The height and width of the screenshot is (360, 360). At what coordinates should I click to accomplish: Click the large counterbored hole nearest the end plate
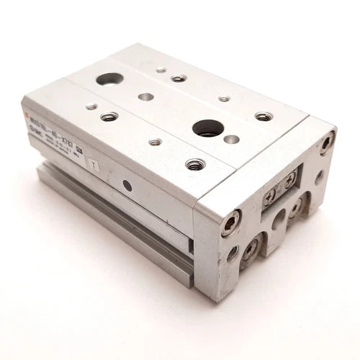pos(209,127)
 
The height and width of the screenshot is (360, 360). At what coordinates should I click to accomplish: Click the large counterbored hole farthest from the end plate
pos(109,78)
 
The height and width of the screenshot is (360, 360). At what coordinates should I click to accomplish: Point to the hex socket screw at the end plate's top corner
pos(328,142)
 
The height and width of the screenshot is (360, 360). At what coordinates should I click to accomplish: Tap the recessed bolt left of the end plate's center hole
pos(252,249)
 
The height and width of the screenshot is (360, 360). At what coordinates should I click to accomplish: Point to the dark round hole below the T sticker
pos(127,186)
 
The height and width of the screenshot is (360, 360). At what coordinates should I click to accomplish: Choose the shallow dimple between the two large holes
pos(146,95)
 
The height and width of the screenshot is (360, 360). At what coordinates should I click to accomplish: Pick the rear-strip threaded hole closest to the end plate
pos(264,116)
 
